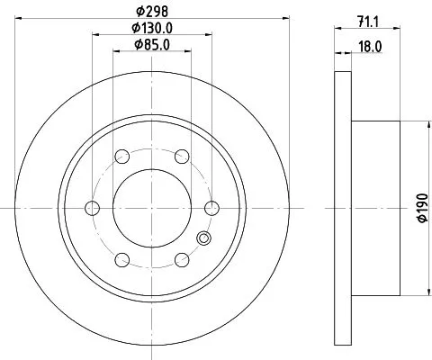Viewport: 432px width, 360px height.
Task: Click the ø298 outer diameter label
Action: coord(150,10)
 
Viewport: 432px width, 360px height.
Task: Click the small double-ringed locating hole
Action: coord(203,239)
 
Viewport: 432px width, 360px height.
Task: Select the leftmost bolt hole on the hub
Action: coord(91,209)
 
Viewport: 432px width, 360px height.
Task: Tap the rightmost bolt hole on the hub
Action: coord(211,209)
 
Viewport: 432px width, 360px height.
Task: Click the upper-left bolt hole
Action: coord(121,157)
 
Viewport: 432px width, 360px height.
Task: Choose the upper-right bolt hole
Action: coord(181,157)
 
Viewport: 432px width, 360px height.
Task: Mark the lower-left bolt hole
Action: coord(121,261)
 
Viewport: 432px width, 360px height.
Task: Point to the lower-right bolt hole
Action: coord(181,261)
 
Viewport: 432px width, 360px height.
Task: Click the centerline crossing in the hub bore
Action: coord(150,209)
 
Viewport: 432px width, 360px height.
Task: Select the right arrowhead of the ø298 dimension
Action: coord(281,17)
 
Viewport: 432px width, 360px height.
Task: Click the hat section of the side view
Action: coord(374,209)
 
